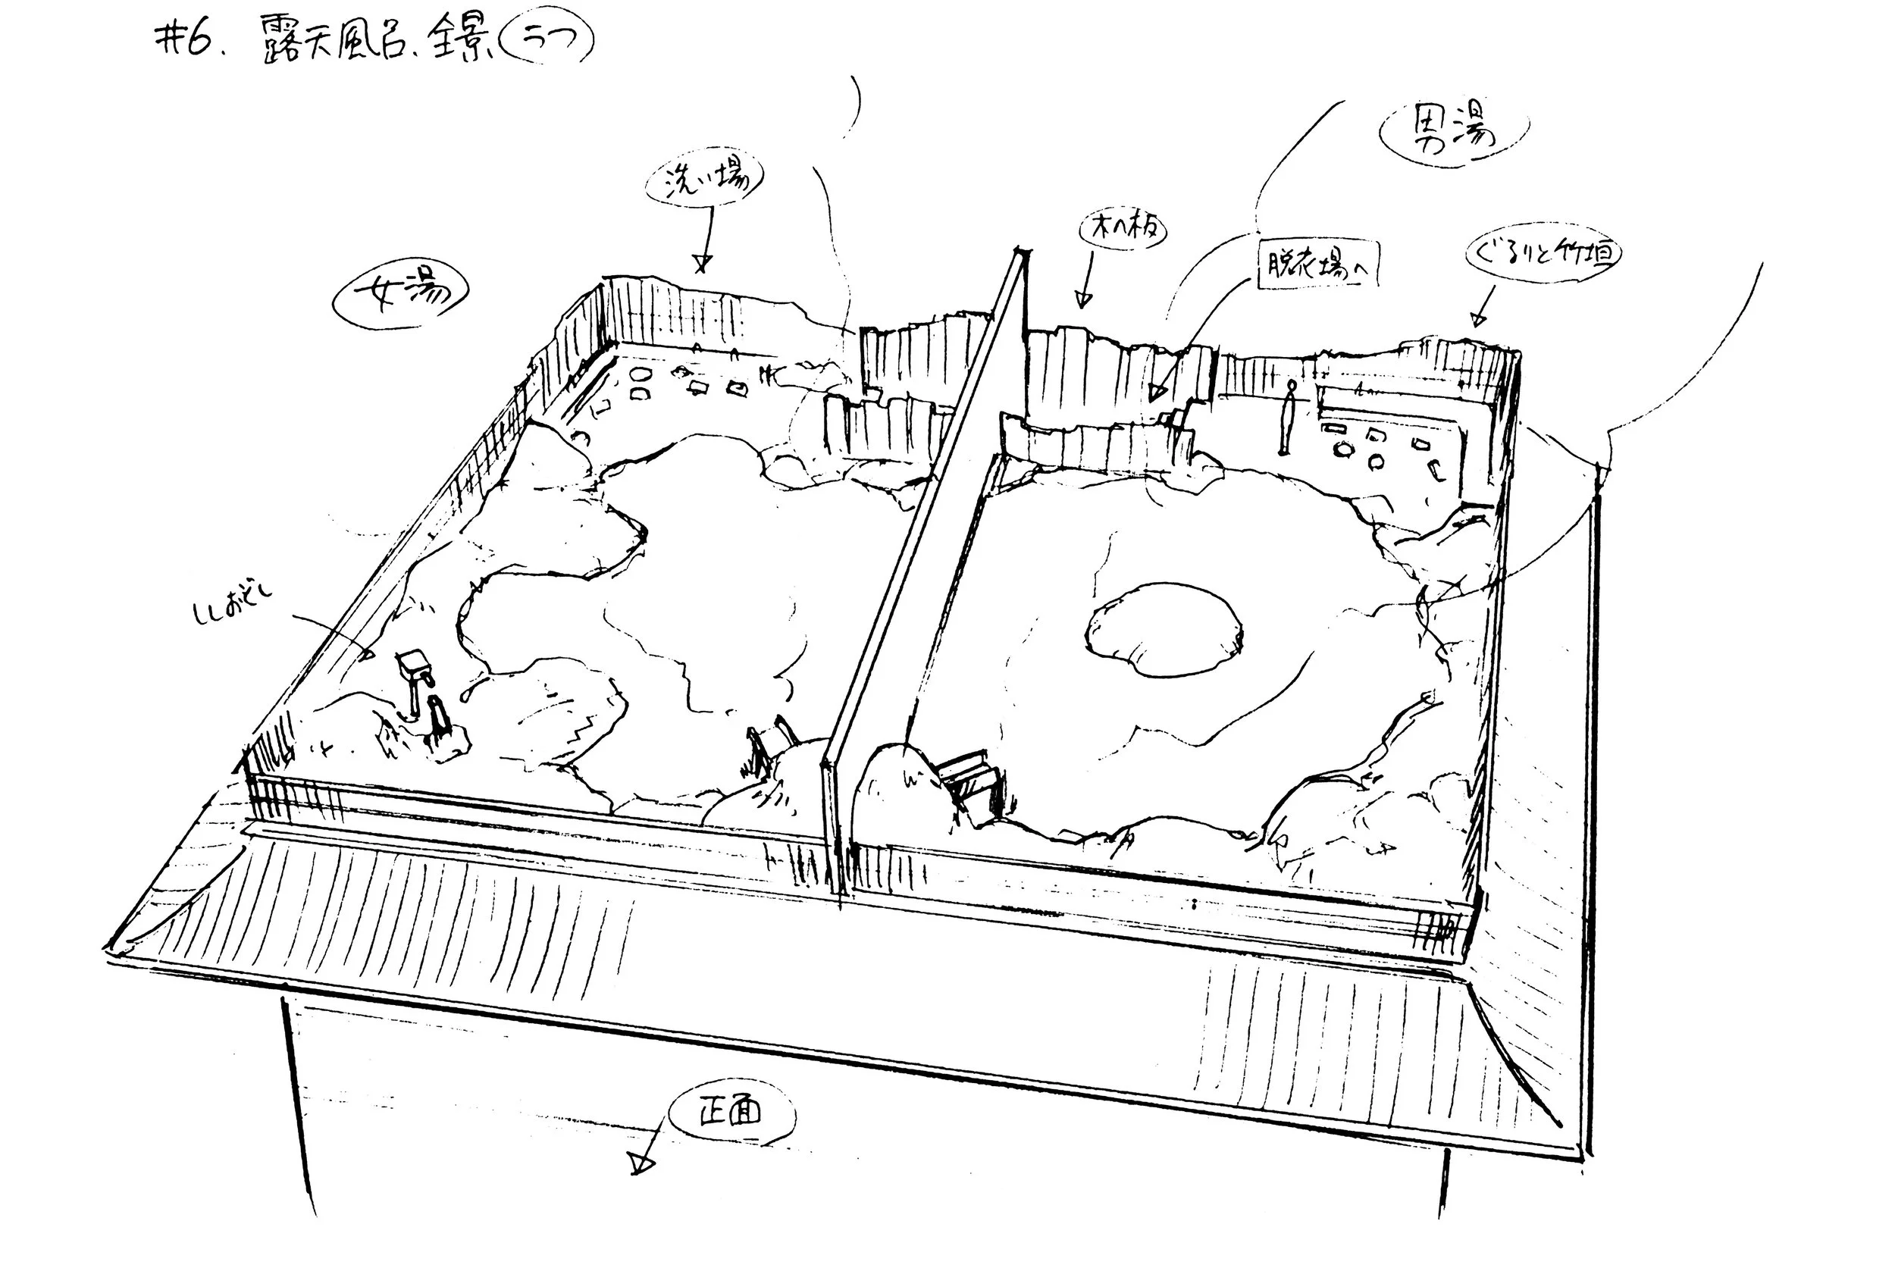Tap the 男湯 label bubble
pyautogui.click(x=1452, y=133)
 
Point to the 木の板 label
pyautogui.click(x=1124, y=230)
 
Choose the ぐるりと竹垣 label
pyautogui.click(x=1543, y=254)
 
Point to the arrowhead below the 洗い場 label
pyautogui.click(x=702, y=264)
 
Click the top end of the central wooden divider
pyautogui.click(x=1020, y=256)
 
